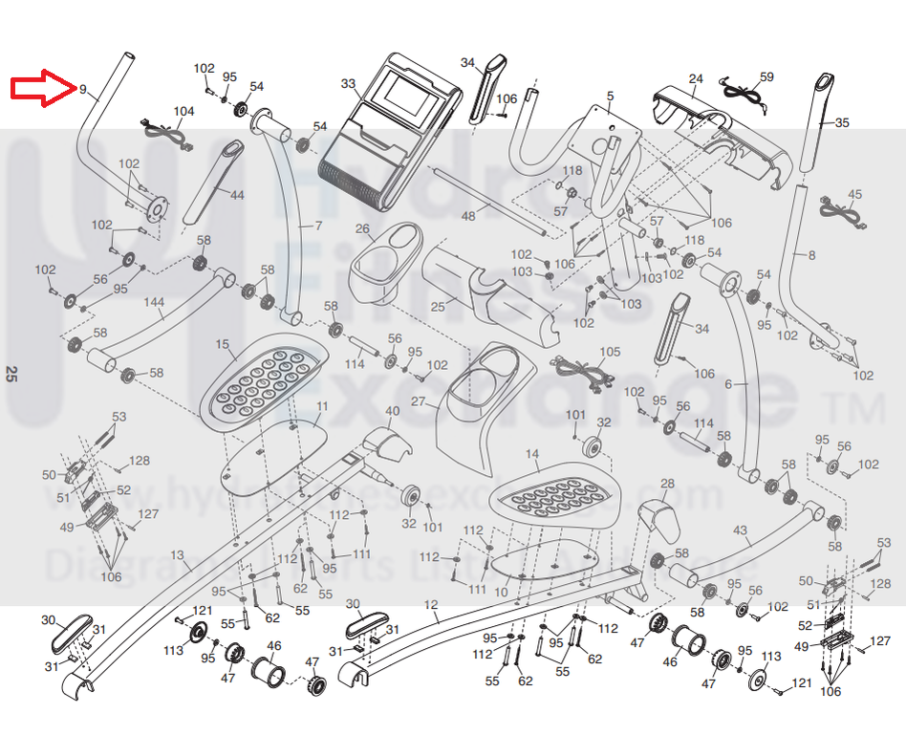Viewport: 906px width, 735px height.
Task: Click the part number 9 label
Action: [83, 90]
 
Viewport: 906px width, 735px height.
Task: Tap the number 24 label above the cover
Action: [696, 78]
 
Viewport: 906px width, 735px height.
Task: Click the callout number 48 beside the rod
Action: [468, 216]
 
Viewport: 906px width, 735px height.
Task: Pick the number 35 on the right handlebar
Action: [841, 123]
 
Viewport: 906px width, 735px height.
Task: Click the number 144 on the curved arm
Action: [154, 302]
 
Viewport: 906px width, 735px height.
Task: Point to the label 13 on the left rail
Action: [177, 555]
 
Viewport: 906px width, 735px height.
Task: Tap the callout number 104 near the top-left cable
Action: [183, 112]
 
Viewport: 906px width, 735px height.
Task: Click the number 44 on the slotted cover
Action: [237, 195]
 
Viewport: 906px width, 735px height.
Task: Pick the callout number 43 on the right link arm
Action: [740, 530]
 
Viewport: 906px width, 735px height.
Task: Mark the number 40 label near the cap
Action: [392, 411]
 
